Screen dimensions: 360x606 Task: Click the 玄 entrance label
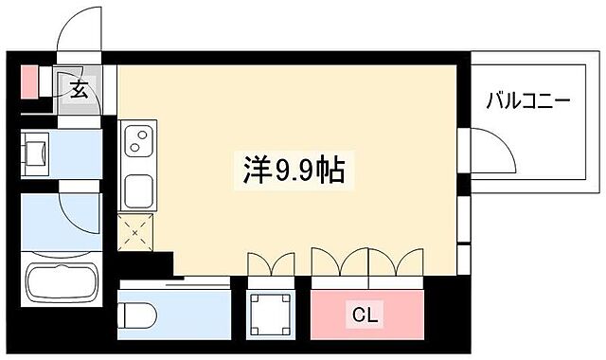point(80,90)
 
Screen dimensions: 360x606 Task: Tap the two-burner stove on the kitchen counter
point(139,143)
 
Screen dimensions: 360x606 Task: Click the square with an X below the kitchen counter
point(134,230)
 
